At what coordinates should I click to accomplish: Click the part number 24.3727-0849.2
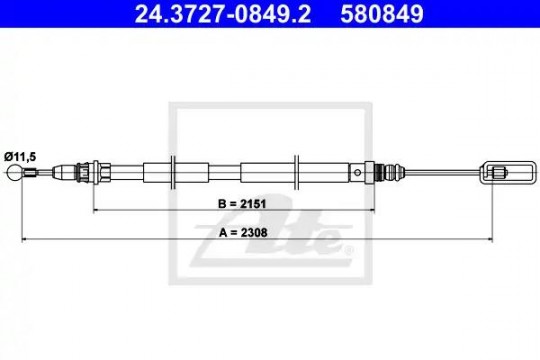pyautogui.click(x=222, y=14)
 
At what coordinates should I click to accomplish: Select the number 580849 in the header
pyautogui.click(x=382, y=14)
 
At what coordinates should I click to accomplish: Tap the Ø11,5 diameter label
pyautogui.click(x=20, y=157)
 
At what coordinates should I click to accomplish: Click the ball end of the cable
pyautogui.click(x=14, y=172)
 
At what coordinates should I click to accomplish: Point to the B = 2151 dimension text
pyautogui.click(x=242, y=204)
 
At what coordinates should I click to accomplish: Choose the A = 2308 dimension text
pyautogui.click(x=243, y=233)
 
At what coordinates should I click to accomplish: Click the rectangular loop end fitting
pyautogui.click(x=507, y=172)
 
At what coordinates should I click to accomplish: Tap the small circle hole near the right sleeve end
pyautogui.click(x=358, y=172)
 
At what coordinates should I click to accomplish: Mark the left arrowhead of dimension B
pyautogui.click(x=97, y=209)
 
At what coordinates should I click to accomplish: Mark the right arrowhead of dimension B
pyautogui.click(x=371, y=209)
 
